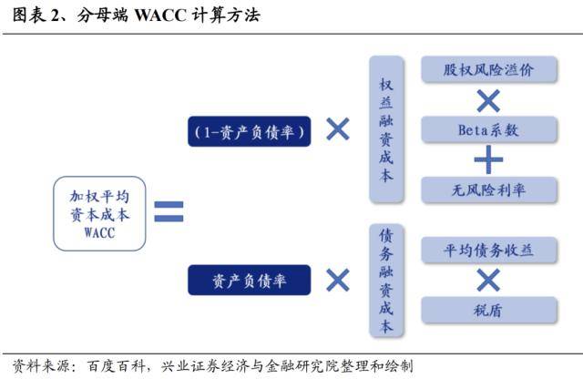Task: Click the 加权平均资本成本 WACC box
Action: (x=99, y=213)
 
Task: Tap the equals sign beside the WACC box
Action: (x=169, y=211)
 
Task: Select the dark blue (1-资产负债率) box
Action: (x=249, y=131)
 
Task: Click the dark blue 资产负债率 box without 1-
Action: (x=249, y=280)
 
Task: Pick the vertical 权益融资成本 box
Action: (x=386, y=129)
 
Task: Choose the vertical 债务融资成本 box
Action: (x=386, y=281)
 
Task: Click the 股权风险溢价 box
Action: (x=488, y=69)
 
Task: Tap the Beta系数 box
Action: (x=488, y=129)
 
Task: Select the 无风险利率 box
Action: (x=488, y=190)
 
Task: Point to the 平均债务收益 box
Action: (x=488, y=251)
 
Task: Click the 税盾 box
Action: (x=488, y=310)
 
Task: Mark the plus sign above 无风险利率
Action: (x=488, y=159)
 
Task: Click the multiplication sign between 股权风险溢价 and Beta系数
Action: (x=488, y=100)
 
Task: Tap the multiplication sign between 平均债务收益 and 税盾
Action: (x=488, y=280)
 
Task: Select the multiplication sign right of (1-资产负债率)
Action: (x=338, y=129)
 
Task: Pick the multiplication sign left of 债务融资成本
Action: (x=338, y=280)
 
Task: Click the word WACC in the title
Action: (x=160, y=15)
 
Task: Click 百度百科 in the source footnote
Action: (x=116, y=366)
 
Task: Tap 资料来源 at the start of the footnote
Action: (x=41, y=366)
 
